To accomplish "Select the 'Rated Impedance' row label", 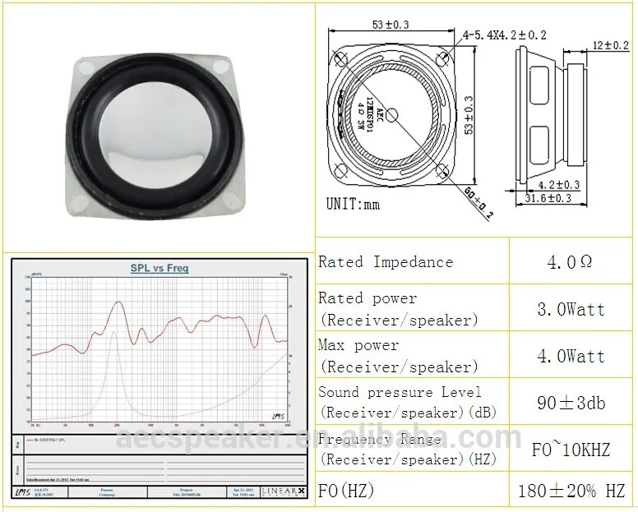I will click(x=386, y=262).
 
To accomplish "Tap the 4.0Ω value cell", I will click(x=570, y=263).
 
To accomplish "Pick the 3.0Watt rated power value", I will click(x=570, y=310).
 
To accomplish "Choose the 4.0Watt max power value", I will click(x=570, y=357).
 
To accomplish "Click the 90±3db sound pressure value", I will click(x=570, y=404).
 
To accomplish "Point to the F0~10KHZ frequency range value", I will click(x=570, y=450).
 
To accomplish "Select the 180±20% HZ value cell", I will click(x=570, y=492).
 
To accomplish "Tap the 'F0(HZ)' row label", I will click(x=346, y=491).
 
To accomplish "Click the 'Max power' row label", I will click(x=358, y=346).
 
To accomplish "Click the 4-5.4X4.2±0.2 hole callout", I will click(x=504, y=35).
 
